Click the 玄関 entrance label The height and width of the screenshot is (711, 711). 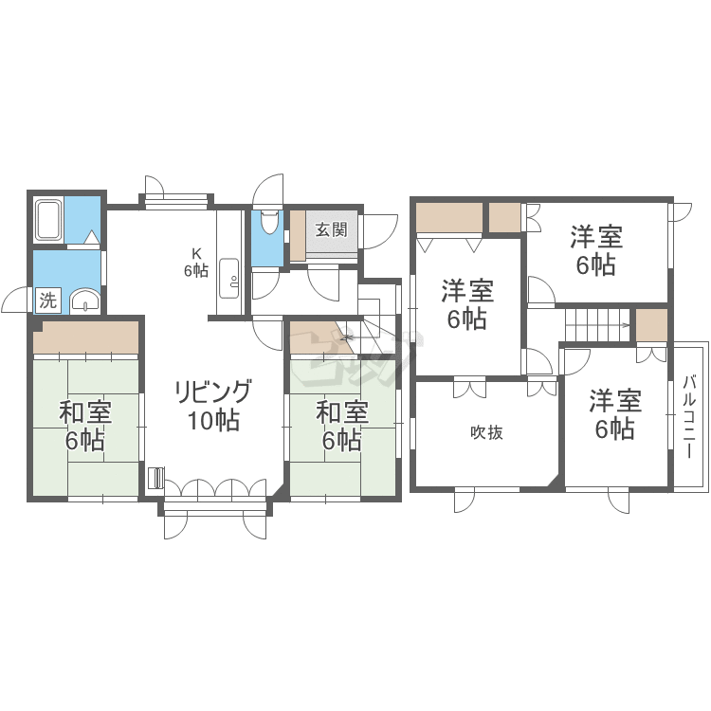pyautogui.click(x=332, y=230)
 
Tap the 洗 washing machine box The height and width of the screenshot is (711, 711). pyautogui.click(x=47, y=301)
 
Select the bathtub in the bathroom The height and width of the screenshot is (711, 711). pyautogui.click(x=49, y=220)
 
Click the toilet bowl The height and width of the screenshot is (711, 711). pyautogui.click(x=269, y=221)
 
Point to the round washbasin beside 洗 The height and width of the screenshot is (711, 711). pyautogui.click(x=84, y=301)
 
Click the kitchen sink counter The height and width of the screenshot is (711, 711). pyautogui.click(x=228, y=279)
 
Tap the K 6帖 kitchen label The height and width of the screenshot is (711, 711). pyautogui.click(x=196, y=263)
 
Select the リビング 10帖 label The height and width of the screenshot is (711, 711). pyautogui.click(x=213, y=406)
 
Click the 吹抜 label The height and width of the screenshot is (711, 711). pyautogui.click(x=486, y=432)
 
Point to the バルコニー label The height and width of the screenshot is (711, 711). pyautogui.click(x=689, y=417)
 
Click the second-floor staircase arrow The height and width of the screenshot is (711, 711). pyautogui.click(x=597, y=324)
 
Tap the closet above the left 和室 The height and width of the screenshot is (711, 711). pyautogui.click(x=85, y=337)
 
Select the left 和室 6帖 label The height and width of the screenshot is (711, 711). pyautogui.click(x=84, y=427)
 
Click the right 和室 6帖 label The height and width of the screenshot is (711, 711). pyautogui.click(x=342, y=427)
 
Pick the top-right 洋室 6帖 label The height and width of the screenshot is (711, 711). pyautogui.click(x=596, y=250)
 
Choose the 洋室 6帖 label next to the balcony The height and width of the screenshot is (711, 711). pyautogui.click(x=615, y=414)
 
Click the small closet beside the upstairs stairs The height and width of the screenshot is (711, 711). pyautogui.click(x=651, y=325)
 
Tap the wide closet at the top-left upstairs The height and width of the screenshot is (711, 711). pyautogui.click(x=449, y=218)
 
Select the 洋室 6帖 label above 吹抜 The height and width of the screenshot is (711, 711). pyautogui.click(x=467, y=304)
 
